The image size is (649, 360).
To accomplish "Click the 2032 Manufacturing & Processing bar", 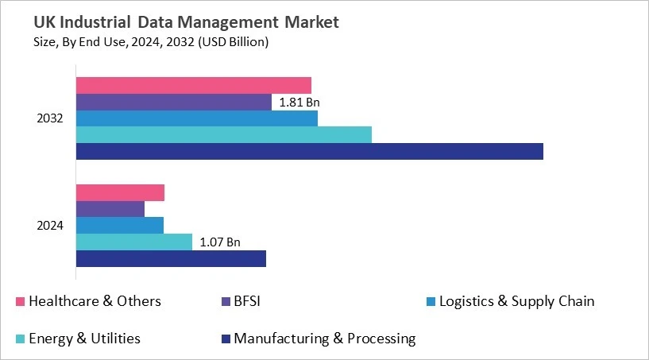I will (x=309, y=151).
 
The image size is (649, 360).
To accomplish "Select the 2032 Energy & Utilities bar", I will (x=223, y=134).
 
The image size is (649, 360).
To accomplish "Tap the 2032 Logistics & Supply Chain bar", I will (x=196, y=118).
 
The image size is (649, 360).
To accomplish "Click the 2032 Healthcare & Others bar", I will (x=193, y=85).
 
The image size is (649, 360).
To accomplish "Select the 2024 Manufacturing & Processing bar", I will (x=171, y=258).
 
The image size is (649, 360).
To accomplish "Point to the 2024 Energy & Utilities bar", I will (x=133, y=242).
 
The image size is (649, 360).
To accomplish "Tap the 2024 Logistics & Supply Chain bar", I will (x=119, y=225).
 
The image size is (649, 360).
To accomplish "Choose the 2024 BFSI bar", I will (x=110, y=209).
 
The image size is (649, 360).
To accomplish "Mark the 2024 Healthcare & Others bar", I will (x=120, y=192).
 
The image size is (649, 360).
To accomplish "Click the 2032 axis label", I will (x=50, y=118).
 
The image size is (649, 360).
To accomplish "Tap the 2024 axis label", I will (x=50, y=226).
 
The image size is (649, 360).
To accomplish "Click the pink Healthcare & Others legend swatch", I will (x=21, y=302).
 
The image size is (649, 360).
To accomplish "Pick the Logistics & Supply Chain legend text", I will (x=516, y=301).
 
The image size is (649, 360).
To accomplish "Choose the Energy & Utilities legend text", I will (x=84, y=339).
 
